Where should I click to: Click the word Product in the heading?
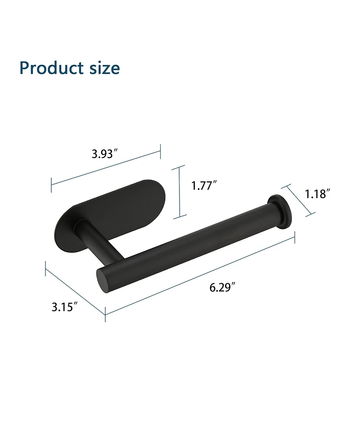[x=49, y=68]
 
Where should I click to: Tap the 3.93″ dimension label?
[x=105, y=154]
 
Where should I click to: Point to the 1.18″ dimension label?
[x=318, y=194]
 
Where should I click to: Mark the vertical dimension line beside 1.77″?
[x=180, y=191]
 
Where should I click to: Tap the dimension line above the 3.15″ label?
[x=75, y=290]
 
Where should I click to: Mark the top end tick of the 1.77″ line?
[x=180, y=166]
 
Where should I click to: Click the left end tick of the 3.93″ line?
[x=52, y=182]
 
